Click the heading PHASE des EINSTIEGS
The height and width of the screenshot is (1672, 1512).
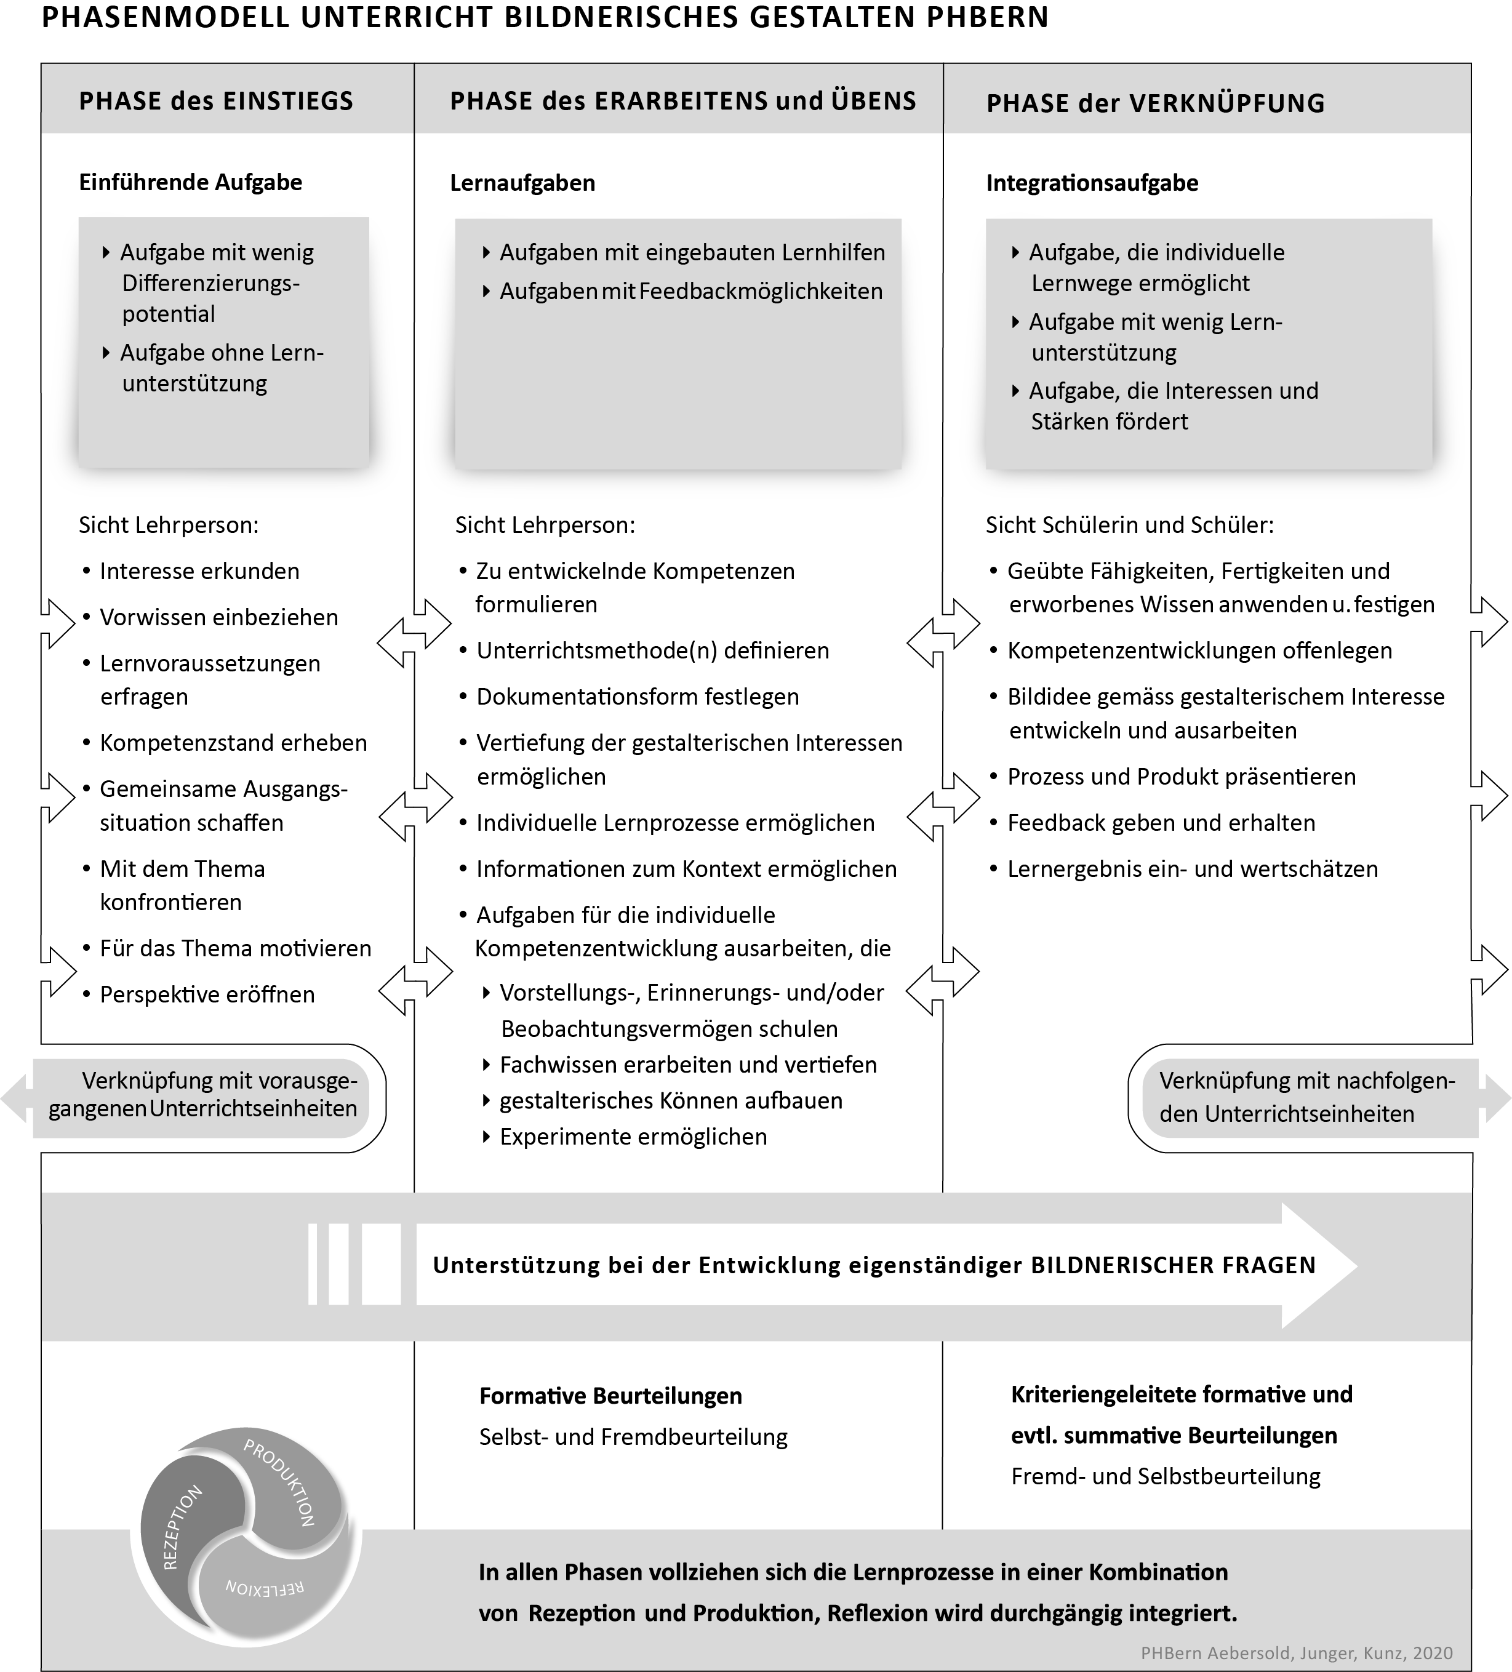pyautogui.click(x=215, y=101)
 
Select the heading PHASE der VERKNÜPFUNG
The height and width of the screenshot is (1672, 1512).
pyautogui.click(x=1154, y=103)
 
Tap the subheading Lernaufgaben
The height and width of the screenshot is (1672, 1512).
pyautogui.click(x=522, y=183)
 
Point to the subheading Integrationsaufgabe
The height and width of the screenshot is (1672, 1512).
pyautogui.click(x=1092, y=183)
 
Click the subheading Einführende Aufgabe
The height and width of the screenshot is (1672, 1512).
pyautogui.click(x=190, y=182)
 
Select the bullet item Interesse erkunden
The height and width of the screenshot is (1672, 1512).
pyautogui.click(x=199, y=572)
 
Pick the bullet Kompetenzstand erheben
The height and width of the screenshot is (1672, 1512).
pyautogui.click(x=233, y=743)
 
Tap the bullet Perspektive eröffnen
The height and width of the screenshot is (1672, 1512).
pyautogui.click(x=207, y=994)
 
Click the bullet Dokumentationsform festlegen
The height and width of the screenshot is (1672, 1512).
pyautogui.click(x=637, y=697)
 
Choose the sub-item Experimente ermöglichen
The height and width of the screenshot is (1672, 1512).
pyautogui.click(x=633, y=1136)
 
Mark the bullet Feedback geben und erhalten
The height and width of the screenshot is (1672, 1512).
pyautogui.click(x=1161, y=823)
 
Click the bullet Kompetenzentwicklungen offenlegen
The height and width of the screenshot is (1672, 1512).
pyautogui.click(x=1199, y=651)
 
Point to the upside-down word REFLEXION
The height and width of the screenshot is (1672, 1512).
pyautogui.click(x=265, y=1588)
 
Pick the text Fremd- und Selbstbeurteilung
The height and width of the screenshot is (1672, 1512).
pyautogui.click(x=1166, y=1476)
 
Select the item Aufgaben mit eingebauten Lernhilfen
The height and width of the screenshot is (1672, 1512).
pyautogui.click(x=692, y=253)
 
